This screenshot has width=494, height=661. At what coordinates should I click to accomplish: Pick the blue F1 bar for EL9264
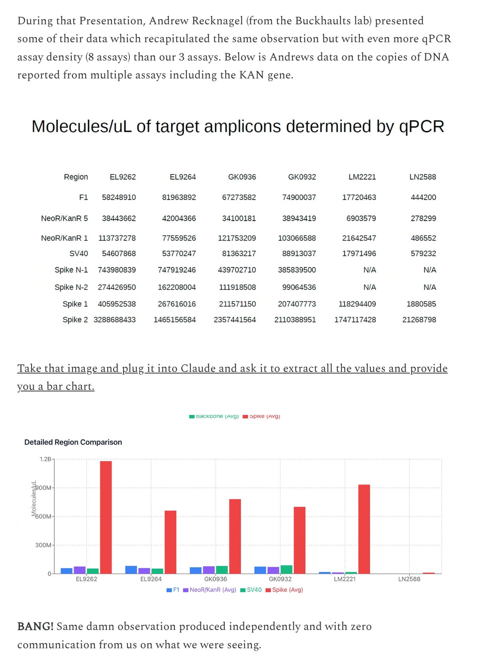coord(131,570)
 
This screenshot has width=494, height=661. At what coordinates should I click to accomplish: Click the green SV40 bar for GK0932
coord(286,569)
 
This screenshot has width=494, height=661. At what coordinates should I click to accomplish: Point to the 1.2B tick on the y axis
coord(45,459)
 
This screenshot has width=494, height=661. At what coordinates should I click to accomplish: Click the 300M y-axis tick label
coord(43,545)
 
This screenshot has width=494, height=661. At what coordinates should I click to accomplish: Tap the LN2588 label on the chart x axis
coord(409,579)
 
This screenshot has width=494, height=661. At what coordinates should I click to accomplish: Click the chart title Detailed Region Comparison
coord(73,442)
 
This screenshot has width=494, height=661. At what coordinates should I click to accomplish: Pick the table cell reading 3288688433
coord(115,320)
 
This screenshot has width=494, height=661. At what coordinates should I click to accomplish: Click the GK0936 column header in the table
coord(242,177)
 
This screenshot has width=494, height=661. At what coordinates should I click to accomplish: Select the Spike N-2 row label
coord(71,287)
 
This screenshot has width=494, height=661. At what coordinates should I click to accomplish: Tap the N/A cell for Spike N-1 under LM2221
coord(369,270)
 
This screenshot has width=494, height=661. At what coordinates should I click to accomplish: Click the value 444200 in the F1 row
coord(423,198)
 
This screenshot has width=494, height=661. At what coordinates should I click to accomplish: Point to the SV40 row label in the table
coord(78,254)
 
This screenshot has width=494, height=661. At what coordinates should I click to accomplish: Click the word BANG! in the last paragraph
coord(35,626)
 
